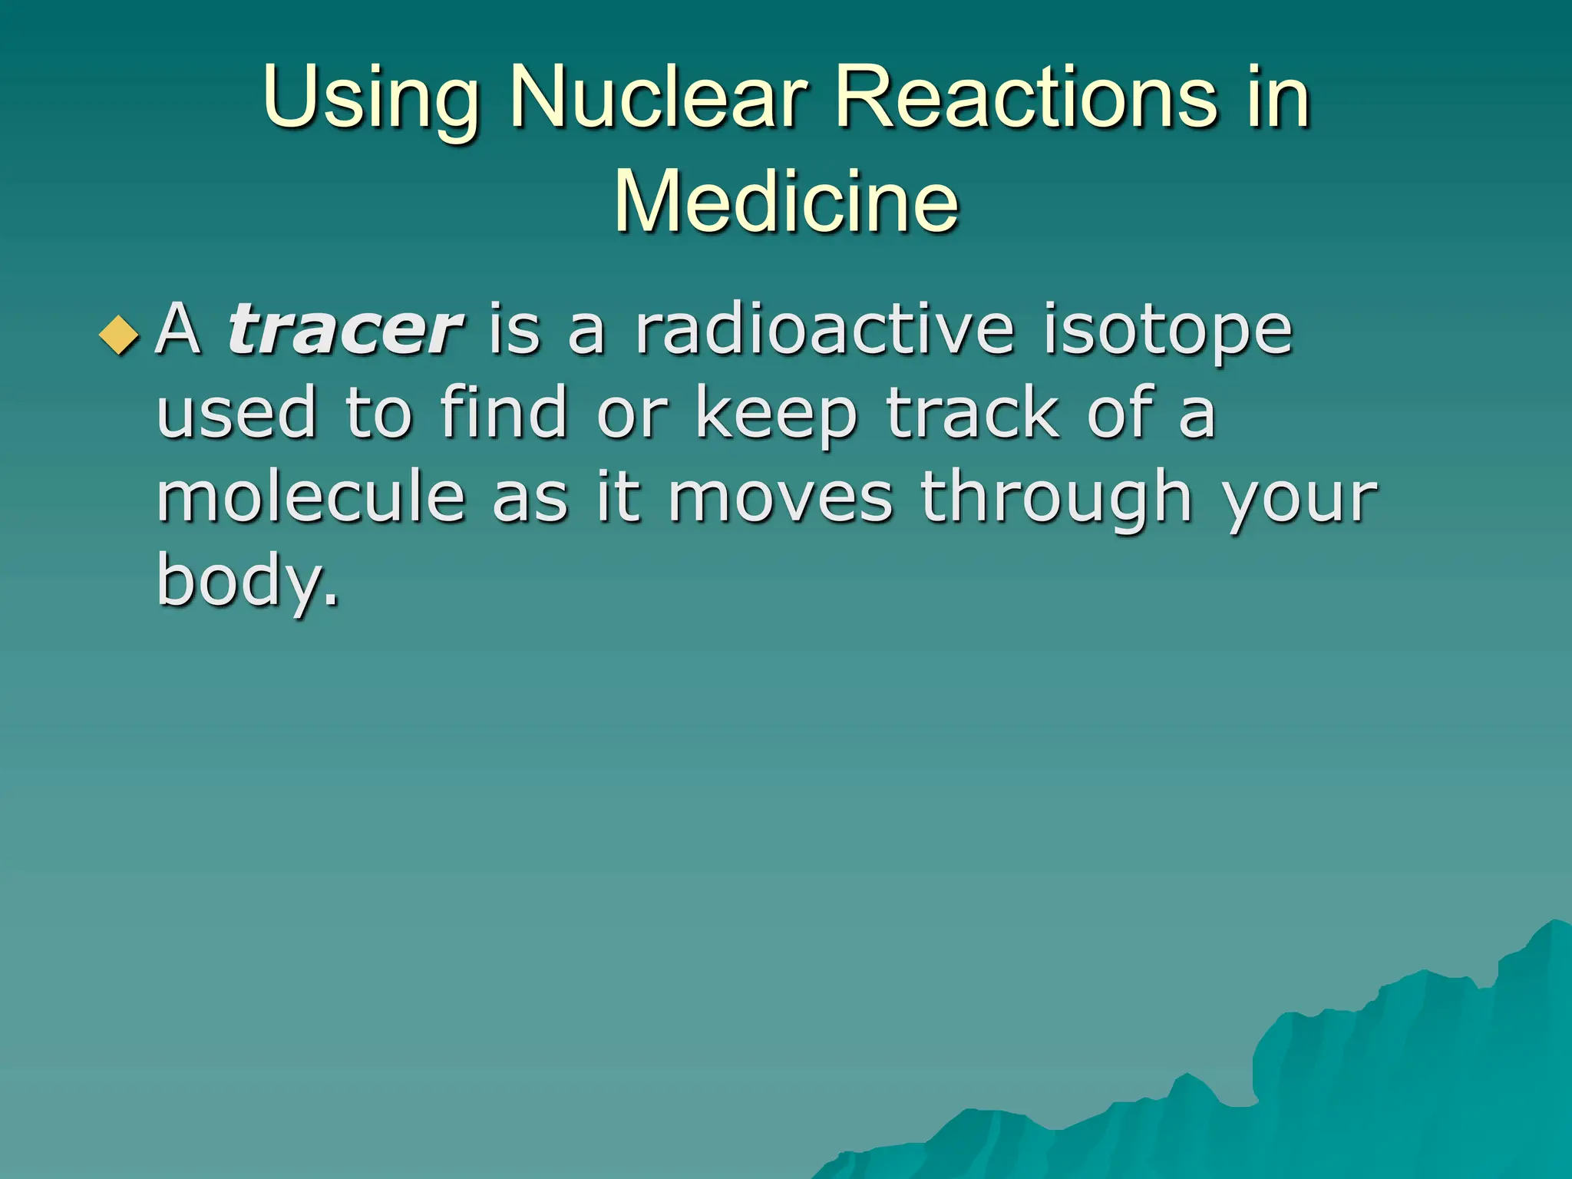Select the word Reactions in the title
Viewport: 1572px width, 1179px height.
coord(1025,98)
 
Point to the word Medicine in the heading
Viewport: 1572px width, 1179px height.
coord(786,201)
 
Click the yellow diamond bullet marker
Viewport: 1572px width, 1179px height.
coord(120,335)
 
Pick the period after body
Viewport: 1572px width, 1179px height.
coord(332,603)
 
